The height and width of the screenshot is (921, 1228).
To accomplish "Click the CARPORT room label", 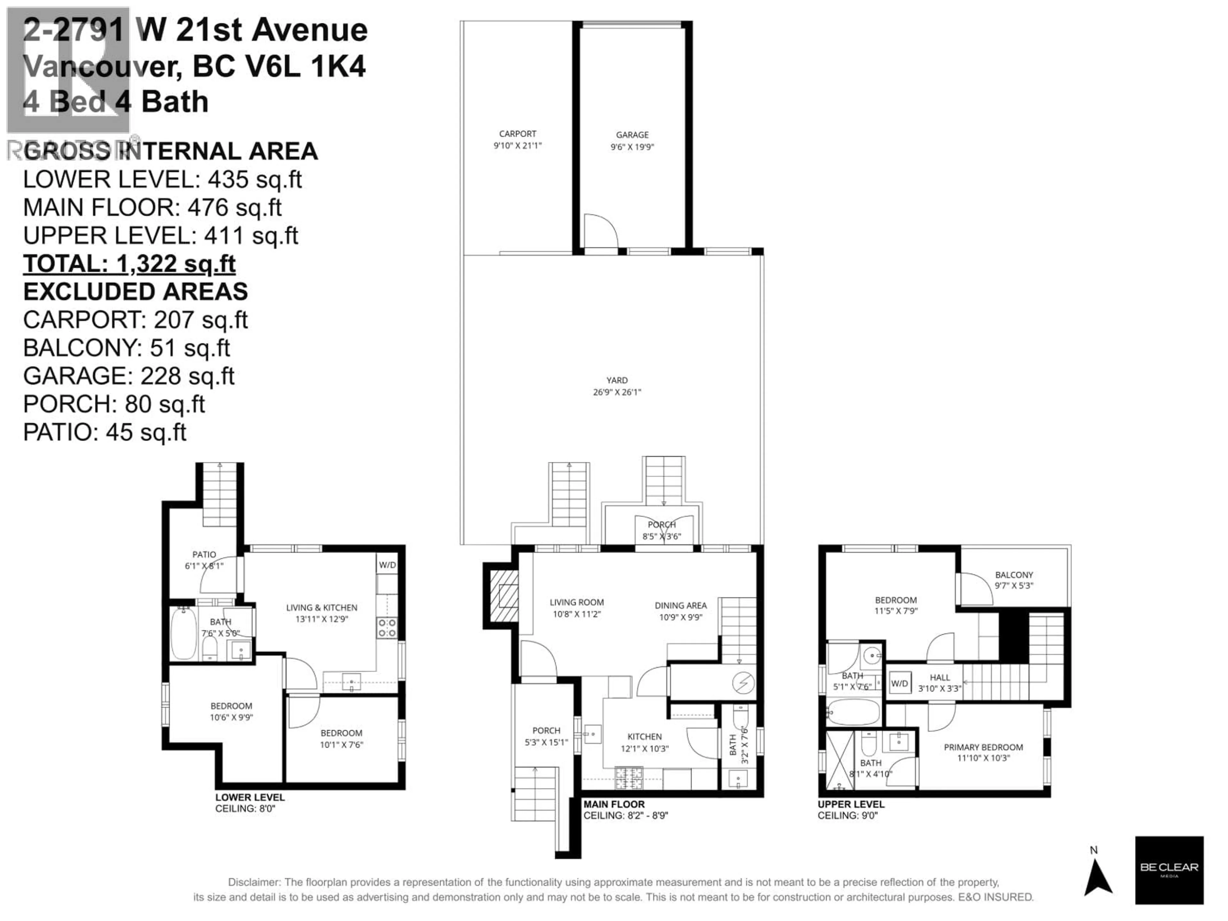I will [517, 134].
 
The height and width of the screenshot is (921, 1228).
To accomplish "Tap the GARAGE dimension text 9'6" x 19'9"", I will [632, 147].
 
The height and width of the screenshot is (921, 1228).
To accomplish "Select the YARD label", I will [617, 380].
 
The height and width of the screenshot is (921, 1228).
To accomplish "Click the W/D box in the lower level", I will [387, 565].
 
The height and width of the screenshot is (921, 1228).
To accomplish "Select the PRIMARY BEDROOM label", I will [983, 747].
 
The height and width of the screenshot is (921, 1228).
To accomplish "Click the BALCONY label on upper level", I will [1014, 575].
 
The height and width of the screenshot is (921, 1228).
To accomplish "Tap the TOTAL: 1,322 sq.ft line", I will [129, 264].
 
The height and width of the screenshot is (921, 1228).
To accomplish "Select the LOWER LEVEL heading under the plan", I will [250, 797].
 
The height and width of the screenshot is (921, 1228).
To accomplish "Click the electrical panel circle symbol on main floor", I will [743, 683].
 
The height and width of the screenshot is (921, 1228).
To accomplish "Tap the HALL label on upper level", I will [940, 677].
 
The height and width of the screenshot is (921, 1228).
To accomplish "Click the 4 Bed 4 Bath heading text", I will [115, 102].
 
